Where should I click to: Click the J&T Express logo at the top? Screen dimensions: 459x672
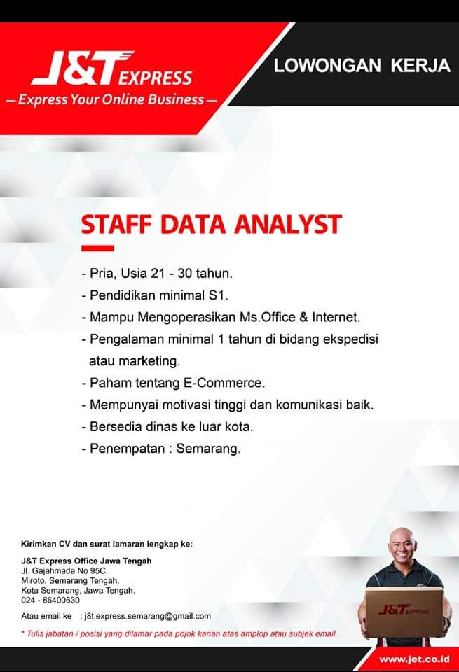click(111, 68)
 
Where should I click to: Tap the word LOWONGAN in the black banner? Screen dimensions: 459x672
click(327, 66)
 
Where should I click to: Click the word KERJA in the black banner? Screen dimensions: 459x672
click(420, 66)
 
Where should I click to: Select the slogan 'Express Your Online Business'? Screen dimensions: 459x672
click(111, 99)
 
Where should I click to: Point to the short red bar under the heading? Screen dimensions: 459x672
click(97, 248)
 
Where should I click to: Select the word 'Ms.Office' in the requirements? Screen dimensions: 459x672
click(267, 317)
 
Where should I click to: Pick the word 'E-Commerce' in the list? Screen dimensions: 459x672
click(224, 383)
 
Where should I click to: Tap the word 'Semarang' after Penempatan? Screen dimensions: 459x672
click(208, 449)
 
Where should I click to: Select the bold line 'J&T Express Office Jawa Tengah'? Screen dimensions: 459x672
click(86, 561)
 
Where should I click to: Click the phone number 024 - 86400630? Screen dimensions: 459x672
click(50, 601)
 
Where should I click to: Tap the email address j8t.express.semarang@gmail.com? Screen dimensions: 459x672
click(148, 616)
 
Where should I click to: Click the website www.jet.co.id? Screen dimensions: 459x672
click(414, 659)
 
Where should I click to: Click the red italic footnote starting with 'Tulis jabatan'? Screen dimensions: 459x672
click(179, 633)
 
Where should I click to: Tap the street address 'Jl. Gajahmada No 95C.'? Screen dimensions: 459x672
click(64, 571)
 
